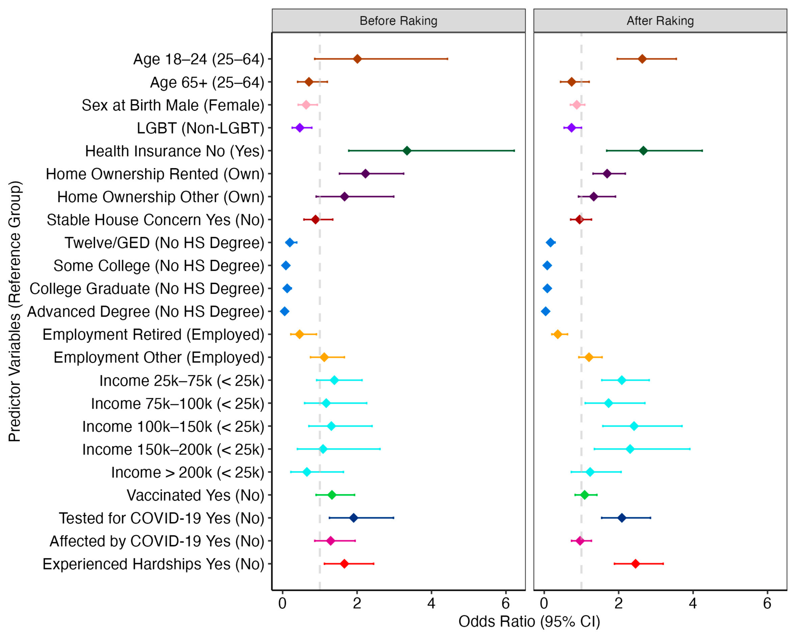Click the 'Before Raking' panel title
coord(398,21)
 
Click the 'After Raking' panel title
coord(660,21)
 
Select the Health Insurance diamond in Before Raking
coord(407,151)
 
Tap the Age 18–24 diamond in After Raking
coord(642,59)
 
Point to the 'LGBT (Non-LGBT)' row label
coord(200,128)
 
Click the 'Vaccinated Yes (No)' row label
coord(195,495)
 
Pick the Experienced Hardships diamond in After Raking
coord(635,564)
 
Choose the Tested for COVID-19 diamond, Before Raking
coord(353,518)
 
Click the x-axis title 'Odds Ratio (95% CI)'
coord(529,622)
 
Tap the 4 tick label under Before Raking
coord(431,603)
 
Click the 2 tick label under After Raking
coord(618,603)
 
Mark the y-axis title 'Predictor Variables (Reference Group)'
coord(14,311)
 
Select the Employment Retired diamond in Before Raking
coord(300,334)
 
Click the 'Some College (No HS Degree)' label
coord(159,266)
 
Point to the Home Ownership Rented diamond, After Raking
coord(607,174)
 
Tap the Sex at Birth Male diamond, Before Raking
coord(306,105)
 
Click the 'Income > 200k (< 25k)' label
coord(188,473)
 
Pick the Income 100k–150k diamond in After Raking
coord(634,426)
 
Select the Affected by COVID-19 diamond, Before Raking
coord(330,541)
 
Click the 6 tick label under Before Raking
coord(506,603)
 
